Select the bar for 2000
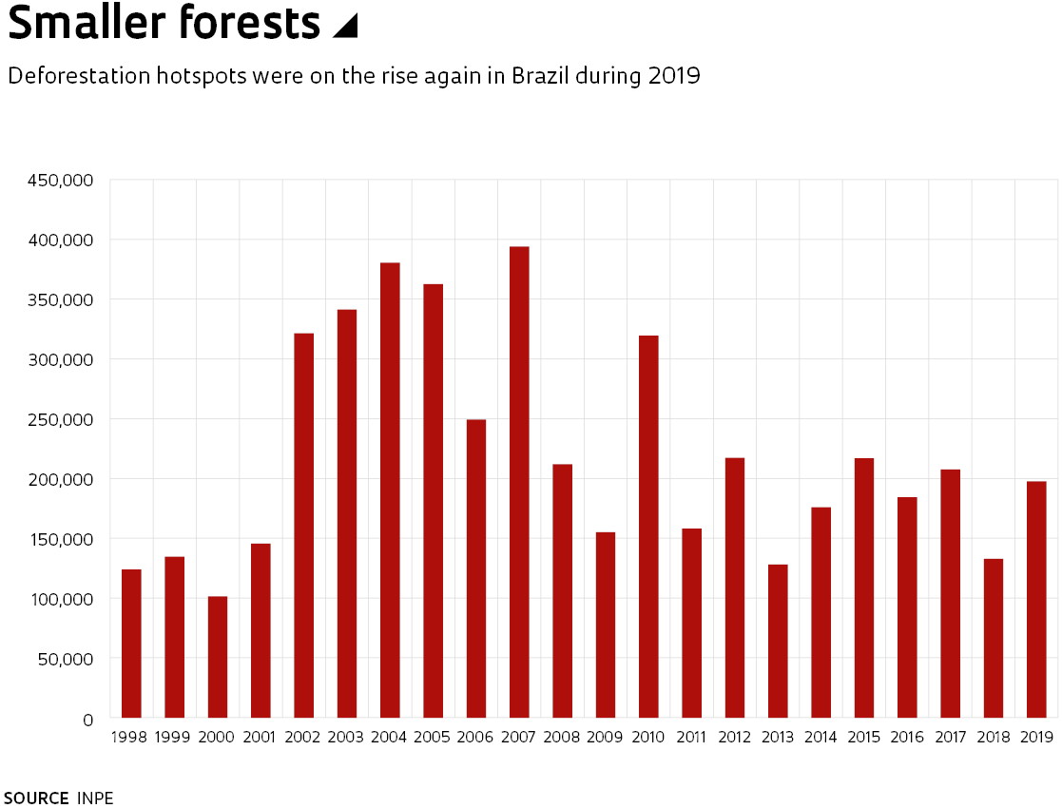[218, 657]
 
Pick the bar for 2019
[1036, 599]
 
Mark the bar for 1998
[131, 644]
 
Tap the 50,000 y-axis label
[63, 659]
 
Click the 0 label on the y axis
[87, 720]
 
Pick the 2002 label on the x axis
[303, 737]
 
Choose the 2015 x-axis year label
[863, 737]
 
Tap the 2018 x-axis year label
[993, 737]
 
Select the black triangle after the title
[344, 28]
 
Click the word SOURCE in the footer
[36, 798]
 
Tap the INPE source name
[95, 798]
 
